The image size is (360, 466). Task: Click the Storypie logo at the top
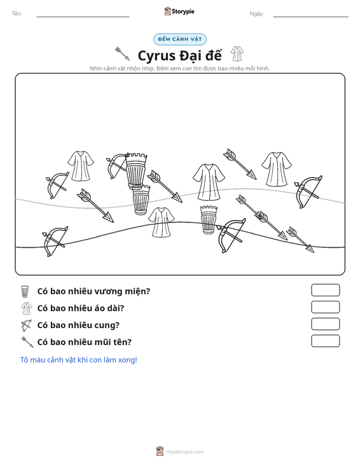[x=179, y=11]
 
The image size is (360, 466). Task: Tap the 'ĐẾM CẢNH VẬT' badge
[x=180, y=39]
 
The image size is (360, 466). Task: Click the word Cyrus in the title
[x=156, y=56]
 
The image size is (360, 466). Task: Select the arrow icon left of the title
[x=123, y=53]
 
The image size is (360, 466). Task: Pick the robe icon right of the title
[x=237, y=54]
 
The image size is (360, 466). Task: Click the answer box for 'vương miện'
[x=325, y=290]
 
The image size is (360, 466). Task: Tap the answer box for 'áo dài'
[x=325, y=307]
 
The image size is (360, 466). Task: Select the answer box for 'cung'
[x=325, y=324]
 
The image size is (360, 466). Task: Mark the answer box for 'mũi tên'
[x=325, y=341]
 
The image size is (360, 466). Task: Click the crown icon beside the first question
[x=25, y=292]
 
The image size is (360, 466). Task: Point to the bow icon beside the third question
[x=26, y=326]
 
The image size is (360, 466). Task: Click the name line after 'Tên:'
[x=83, y=17]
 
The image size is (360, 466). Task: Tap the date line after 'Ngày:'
[x=310, y=17]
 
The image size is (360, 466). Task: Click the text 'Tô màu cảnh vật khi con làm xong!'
[x=78, y=360]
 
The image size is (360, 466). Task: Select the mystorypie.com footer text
[x=185, y=452]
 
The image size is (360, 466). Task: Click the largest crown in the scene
[x=136, y=171]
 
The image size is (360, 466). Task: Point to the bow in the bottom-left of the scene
[x=55, y=241]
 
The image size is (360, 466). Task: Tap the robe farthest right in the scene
[x=277, y=169]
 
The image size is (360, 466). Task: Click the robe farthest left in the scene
[x=80, y=166]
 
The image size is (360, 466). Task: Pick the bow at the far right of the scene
[x=308, y=192]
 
